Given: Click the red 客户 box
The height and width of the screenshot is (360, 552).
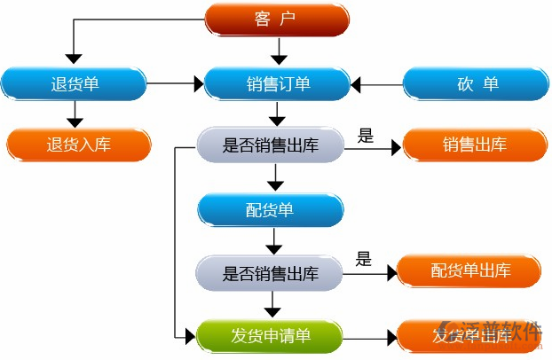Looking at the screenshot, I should tap(276, 20).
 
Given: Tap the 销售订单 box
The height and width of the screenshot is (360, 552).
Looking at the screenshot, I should tap(277, 84).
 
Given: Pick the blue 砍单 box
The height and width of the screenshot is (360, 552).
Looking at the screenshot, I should tap(476, 84).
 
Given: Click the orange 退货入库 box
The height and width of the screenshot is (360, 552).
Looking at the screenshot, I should tap(78, 145).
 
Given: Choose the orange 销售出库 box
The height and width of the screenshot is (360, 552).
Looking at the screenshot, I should tap(475, 145).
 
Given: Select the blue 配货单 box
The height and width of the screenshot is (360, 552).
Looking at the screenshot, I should tap(269, 210).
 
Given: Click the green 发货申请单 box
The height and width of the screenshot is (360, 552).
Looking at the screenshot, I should tap(270, 336).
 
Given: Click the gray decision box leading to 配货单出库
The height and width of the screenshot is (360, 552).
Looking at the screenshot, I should tap(269, 272).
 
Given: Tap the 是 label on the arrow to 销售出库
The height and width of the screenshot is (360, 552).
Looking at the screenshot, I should tap(365, 136).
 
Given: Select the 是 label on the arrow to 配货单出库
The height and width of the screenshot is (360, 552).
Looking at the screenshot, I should tap(363, 259).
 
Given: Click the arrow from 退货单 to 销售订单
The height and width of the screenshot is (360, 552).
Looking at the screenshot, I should tap(175, 85).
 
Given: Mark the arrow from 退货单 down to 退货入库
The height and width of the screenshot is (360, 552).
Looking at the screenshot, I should tap(75, 113).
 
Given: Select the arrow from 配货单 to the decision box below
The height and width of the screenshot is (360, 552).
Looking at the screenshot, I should tap(275, 240).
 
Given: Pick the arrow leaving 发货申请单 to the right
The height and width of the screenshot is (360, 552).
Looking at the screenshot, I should tap(368, 337).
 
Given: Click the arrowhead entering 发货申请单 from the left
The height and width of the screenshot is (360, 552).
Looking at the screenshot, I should tap(188, 336).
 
